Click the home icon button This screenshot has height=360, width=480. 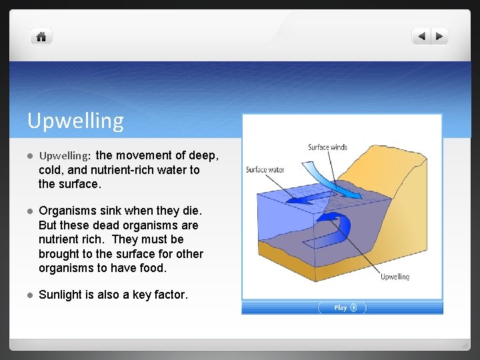41,37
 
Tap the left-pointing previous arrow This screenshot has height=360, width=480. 422,37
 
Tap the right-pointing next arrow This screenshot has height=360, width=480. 440,37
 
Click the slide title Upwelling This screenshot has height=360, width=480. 75,121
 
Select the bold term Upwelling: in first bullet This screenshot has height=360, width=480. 65,156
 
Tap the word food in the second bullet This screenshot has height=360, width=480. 153,268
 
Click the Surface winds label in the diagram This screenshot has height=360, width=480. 327,147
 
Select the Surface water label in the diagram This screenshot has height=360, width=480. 265,169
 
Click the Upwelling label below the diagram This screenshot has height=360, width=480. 395,277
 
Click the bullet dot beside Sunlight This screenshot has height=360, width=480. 30,295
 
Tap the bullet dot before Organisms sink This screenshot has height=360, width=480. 30,211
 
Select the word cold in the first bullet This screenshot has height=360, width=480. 51,170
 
